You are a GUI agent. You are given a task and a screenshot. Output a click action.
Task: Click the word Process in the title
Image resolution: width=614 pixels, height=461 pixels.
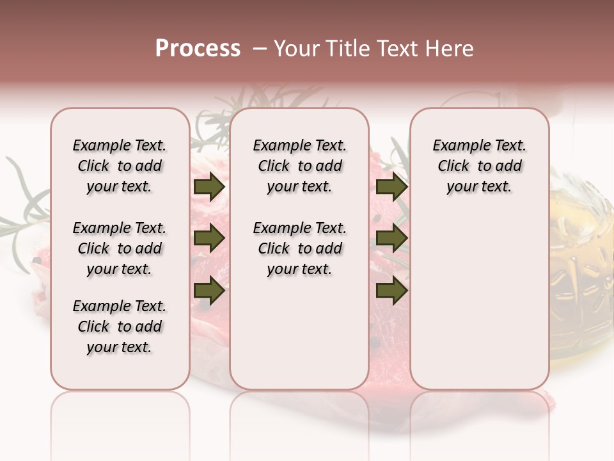[198, 49]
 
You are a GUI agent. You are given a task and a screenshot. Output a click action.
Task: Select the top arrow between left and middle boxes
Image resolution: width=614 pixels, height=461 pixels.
[209, 187]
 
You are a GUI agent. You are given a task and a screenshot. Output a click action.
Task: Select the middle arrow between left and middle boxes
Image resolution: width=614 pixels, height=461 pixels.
[209, 239]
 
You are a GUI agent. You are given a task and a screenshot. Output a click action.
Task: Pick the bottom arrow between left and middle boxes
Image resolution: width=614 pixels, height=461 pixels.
[209, 291]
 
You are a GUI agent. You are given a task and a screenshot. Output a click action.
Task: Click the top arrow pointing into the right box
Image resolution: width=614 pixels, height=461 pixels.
[391, 187]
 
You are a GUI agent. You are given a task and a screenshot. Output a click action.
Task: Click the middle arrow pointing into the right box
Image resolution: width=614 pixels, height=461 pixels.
[391, 239]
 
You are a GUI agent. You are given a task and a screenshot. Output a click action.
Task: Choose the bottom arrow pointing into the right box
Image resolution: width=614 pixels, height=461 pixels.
[391, 291]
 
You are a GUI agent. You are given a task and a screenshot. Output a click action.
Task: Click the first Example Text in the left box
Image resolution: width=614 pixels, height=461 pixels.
[120, 145]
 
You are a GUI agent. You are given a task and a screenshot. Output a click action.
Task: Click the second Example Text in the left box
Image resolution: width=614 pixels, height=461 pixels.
[120, 228]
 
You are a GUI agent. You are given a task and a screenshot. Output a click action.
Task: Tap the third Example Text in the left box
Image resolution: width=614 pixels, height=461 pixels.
[120, 306]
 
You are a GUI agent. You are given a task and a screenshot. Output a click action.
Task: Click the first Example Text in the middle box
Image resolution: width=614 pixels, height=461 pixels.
[299, 145]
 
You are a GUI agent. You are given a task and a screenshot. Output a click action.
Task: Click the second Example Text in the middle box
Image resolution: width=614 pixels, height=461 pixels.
[299, 228]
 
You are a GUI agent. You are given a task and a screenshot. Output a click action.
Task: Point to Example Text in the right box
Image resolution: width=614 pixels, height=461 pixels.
[479, 145]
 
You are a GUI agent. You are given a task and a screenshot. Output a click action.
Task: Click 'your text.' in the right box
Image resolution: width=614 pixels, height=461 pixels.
[479, 187]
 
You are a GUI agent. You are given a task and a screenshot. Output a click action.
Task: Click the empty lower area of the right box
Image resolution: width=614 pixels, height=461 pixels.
[479, 307]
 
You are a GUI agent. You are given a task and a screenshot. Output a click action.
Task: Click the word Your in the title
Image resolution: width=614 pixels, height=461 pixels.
[295, 49]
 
